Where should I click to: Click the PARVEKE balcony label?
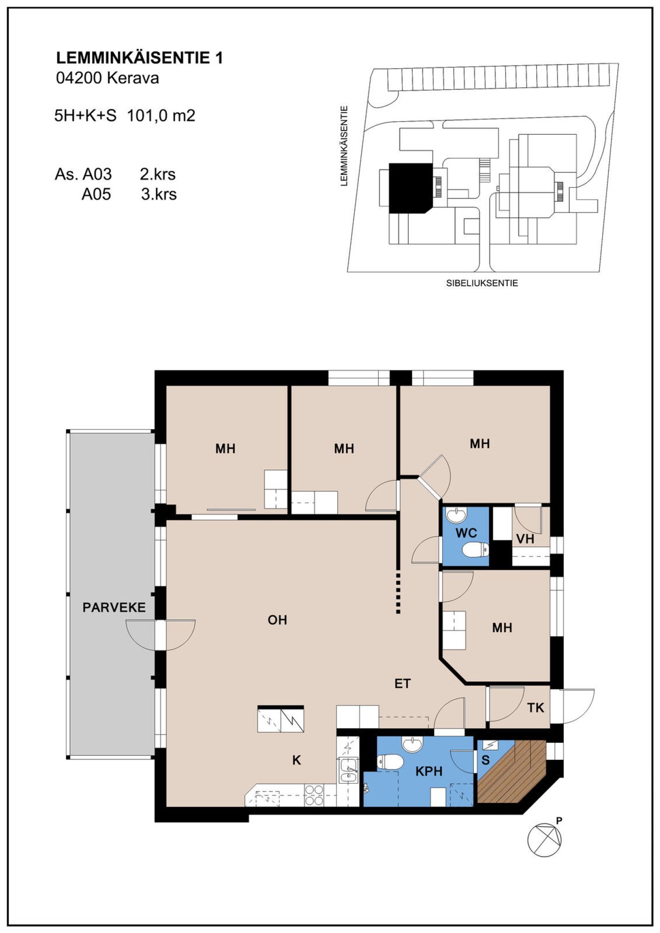point(114,607)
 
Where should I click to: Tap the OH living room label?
point(277,620)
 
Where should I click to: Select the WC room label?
point(466,533)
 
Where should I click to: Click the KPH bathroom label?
point(429,771)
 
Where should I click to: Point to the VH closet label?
point(525,539)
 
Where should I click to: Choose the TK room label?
point(535,708)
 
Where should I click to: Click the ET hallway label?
point(402,684)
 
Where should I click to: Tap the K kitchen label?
point(297,760)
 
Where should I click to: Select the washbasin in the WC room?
point(456,515)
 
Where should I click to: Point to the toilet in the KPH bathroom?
point(390,762)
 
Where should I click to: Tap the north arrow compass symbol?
point(544,840)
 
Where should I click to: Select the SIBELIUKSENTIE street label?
point(482,284)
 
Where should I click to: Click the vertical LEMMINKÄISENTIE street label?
point(344,146)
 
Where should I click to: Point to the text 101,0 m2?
point(161,115)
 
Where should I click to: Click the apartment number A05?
point(96,194)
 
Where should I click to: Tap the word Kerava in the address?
point(133,78)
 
